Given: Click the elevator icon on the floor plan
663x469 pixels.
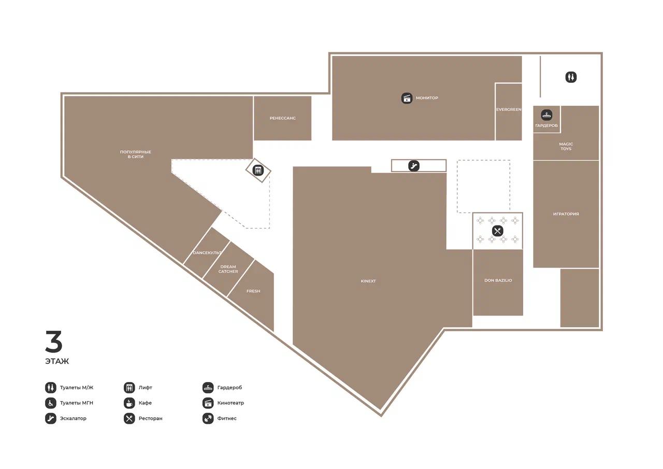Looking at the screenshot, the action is (x=258, y=170).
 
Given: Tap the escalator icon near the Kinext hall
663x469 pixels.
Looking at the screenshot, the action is (x=413, y=165).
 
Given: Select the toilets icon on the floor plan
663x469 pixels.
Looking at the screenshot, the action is (x=571, y=77).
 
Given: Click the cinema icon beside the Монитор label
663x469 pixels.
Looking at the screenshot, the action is (x=407, y=98).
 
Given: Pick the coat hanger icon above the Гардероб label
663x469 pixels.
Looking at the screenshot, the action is (x=546, y=115).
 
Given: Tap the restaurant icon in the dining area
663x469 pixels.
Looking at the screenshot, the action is (x=497, y=231).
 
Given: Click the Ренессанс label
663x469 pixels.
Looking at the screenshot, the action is (x=282, y=118).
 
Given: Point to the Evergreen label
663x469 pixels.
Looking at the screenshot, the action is (x=509, y=109).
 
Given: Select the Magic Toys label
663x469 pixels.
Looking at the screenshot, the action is (x=566, y=146).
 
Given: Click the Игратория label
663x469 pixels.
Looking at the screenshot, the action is (x=566, y=214).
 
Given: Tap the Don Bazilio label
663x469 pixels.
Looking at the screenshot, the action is (x=498, y=280).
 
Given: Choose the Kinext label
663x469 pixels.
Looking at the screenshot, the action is (x=368, y=281).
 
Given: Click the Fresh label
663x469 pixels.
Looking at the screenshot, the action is (x=253, y=291).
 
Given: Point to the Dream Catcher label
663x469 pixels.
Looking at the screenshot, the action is (x=228, y=269).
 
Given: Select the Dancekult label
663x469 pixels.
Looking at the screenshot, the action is (x=207, y=252).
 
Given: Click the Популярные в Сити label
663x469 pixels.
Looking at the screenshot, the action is (x=136, y=154).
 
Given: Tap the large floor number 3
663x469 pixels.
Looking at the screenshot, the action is (x=54, y=342).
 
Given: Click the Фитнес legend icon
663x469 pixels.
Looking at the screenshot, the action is (x=208, y=418).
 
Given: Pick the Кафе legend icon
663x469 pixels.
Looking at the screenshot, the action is (x=129, y=403).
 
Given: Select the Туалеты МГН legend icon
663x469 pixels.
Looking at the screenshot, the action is (x=51, y=403).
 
